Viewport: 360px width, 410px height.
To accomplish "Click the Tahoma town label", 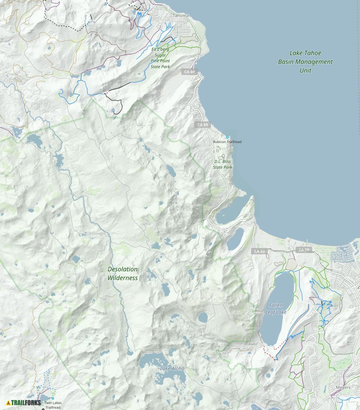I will coord(180,16).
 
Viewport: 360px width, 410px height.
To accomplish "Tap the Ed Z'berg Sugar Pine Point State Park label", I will coord(160,58).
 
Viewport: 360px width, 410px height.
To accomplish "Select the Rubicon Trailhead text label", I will coord(227,142).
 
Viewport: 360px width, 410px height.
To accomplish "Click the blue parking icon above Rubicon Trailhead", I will coord(227,137).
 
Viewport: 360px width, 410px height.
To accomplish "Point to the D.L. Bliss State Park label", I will coord(222,164).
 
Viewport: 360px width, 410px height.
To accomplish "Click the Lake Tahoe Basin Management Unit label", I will coord(305,62).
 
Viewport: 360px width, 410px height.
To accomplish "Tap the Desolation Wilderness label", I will coord(122,273).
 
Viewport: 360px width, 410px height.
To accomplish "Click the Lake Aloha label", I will coord(172,369).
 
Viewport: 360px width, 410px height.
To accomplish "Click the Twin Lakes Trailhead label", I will coord(53,405).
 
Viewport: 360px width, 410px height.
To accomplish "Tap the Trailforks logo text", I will coord(26,403).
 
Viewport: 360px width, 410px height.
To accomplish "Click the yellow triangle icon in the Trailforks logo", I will coord(8,403).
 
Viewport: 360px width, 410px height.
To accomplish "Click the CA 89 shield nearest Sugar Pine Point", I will coord(190,72).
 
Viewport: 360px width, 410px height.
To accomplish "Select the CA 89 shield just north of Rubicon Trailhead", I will coord(203,125).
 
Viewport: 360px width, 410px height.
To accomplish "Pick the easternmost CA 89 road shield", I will coord(304,250).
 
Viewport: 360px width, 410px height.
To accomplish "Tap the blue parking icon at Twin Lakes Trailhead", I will coord(53,398).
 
